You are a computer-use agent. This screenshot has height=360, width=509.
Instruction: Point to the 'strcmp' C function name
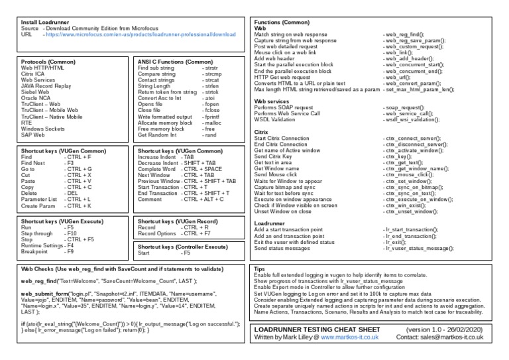(x=212, y=74)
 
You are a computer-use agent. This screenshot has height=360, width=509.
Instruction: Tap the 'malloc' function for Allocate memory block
(x=212, y=122)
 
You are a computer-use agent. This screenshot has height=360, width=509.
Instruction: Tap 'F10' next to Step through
(x=70, y=234)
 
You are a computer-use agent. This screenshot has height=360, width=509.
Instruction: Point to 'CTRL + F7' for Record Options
(x=196, y=234)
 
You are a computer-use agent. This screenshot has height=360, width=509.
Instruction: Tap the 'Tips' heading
(x=260, y=269)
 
